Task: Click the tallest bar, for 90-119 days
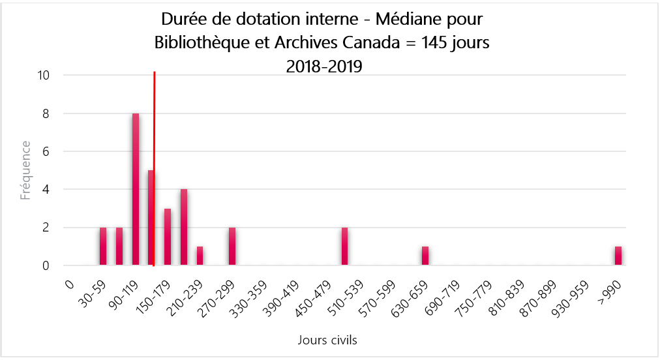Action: point(136,189)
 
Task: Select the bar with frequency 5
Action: point(151,218)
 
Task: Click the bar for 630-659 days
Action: point(425,256)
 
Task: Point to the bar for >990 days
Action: point(618,256)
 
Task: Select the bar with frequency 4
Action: point(184,228)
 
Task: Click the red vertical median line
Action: point(154,130)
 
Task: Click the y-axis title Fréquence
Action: point(25,170)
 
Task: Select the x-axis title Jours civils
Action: point(327,340)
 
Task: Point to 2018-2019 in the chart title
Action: point(324,66)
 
